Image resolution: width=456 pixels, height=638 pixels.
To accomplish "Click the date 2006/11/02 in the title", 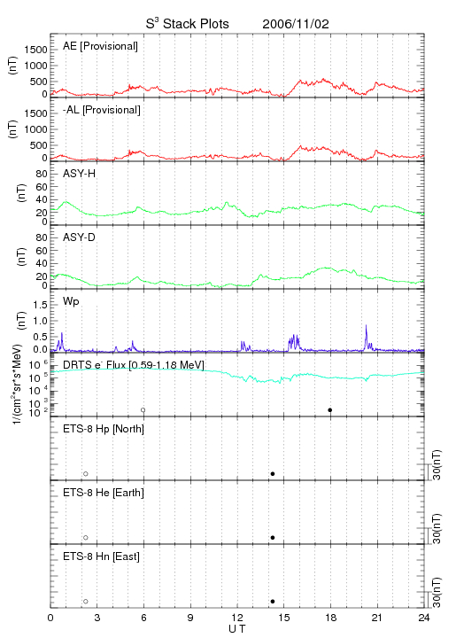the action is tap(296, 24).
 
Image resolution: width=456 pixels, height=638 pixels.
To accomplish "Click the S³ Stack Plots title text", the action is tap(188, 23).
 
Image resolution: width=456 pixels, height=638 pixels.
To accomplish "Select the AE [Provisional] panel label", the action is tap(100, 46).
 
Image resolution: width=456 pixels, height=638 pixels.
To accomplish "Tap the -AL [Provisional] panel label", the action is tap(102, 110).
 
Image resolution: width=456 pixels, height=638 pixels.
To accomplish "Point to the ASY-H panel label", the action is tap(80, 174).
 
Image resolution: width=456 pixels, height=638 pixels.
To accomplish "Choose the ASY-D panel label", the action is tap(80, 237).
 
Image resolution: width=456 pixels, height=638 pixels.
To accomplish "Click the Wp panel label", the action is tap(71, 301).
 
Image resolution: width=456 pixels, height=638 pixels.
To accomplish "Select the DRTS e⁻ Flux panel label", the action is tap(134, 365).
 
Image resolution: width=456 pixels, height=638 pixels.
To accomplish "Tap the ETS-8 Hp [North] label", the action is tap(104, 429).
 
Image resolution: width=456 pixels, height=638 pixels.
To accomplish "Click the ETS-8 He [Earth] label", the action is tap(104, 493).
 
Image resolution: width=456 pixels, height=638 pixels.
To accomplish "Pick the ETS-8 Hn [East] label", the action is tap(101, 556).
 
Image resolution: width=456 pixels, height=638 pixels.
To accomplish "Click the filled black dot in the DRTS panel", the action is tap(330, 410).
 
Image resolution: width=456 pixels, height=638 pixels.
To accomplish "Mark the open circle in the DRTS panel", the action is tap(143, 410).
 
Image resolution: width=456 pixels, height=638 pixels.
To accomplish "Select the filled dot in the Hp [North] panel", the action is tap(273, 473).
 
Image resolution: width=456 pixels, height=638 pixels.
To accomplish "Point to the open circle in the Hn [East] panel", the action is tap(86, 602).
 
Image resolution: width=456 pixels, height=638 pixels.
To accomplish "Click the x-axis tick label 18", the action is tap(331, 618).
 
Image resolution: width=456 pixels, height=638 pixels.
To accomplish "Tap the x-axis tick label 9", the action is tap(190, 618).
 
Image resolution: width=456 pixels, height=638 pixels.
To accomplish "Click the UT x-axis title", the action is tap(237, 629).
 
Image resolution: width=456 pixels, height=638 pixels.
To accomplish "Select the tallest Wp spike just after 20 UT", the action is tap(367, 325).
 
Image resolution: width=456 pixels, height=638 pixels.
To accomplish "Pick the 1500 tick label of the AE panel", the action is tap(35, 50).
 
